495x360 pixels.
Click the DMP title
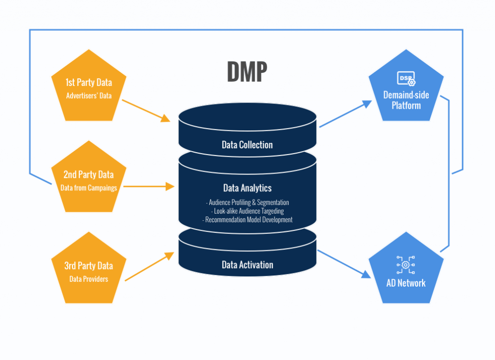point(247,72)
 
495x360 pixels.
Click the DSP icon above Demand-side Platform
point(406,78)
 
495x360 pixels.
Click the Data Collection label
point(247,144)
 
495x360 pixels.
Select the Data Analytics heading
point(247,188)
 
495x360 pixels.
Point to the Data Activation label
point(247,265)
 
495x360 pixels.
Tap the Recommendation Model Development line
point(247,220)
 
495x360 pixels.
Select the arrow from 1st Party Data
point(146,111)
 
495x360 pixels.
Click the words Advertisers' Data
point(88,96)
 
